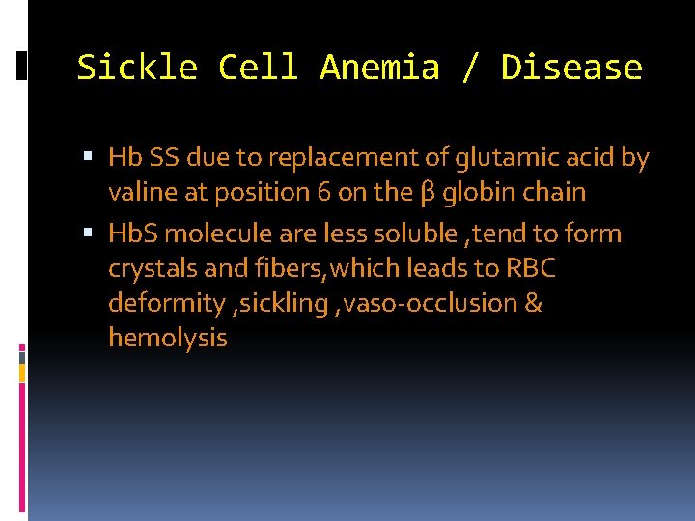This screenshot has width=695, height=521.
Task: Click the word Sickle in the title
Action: click(136, 68)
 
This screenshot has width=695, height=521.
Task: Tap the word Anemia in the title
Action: click(378, 68)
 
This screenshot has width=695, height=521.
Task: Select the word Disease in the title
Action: click(571, 68)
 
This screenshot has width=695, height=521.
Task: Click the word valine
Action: click(139, 192)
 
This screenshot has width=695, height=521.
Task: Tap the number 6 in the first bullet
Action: click(325, 192)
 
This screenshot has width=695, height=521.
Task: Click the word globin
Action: click(477, 192)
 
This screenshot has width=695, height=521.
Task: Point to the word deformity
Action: click(166, 304)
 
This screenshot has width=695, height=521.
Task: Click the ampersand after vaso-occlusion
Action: click(533, 303)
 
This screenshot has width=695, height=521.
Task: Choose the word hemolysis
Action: click(168, 338)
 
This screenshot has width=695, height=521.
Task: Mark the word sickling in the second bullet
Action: click(287, 303)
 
